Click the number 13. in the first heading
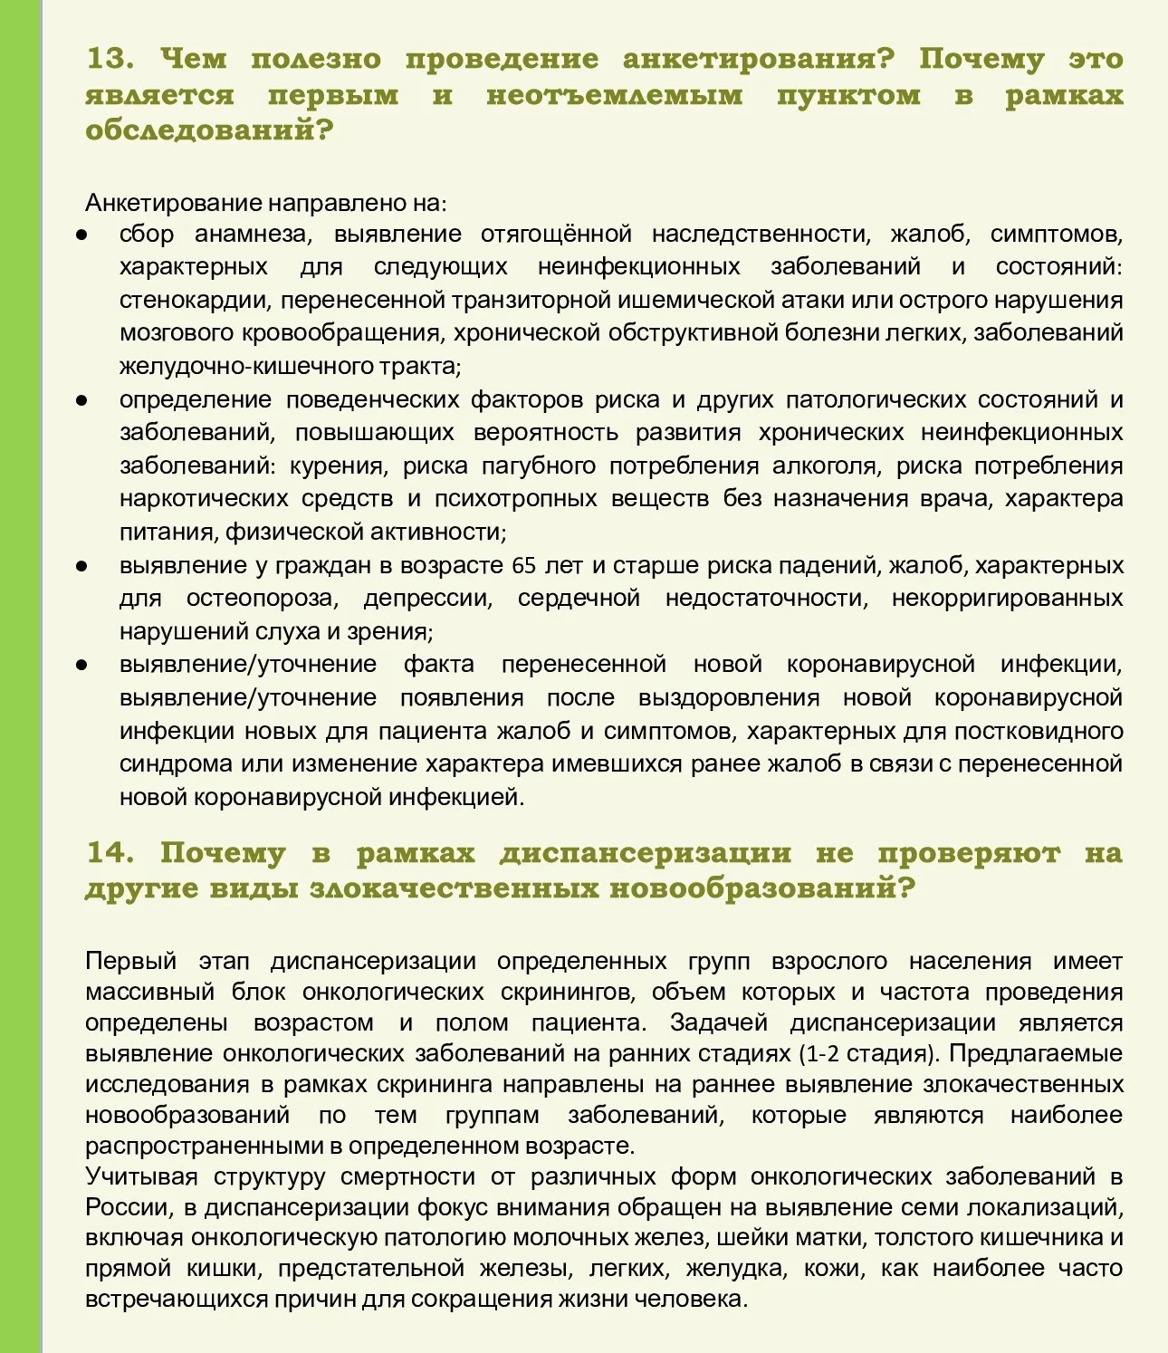coord(110,59)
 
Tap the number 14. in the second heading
coord(110,853)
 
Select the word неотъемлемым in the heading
coord(614,95)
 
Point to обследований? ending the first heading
coord(209,130)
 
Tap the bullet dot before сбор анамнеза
coord(81,235)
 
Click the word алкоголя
coord(824,465)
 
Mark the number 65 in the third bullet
coord(524,565)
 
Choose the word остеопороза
coord(262,598)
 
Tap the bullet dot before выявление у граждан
coord(81,566)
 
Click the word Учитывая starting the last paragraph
coord(141,1176)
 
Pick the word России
coord(129,1207)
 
